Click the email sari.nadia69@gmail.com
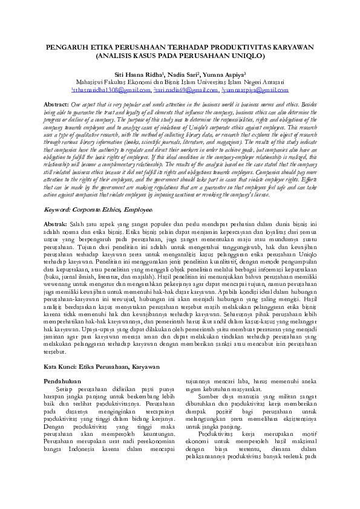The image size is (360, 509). point(186,90)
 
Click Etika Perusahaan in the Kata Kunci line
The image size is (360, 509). point(103,366)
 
